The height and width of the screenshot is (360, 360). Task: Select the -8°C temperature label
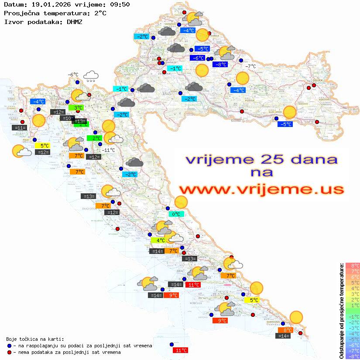(219, 65)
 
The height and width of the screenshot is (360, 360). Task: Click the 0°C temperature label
(176, 214)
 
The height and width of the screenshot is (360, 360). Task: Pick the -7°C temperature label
(250, 66)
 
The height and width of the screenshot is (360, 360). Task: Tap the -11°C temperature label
(108, 150)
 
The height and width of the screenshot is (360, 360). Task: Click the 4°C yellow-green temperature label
(158, 240)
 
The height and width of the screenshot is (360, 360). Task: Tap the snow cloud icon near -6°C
(91, 76)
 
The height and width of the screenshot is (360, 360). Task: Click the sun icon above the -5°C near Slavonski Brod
(289, 112)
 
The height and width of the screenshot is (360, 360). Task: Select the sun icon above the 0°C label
(181, 202)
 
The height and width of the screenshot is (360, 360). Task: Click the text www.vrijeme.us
(261, 189)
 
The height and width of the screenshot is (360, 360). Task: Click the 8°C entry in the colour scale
(353, 265)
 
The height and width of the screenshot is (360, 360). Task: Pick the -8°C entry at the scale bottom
(353, 356)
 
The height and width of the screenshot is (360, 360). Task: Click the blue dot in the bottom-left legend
(9, 346)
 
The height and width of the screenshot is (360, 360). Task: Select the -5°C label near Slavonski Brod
(285, 124)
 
